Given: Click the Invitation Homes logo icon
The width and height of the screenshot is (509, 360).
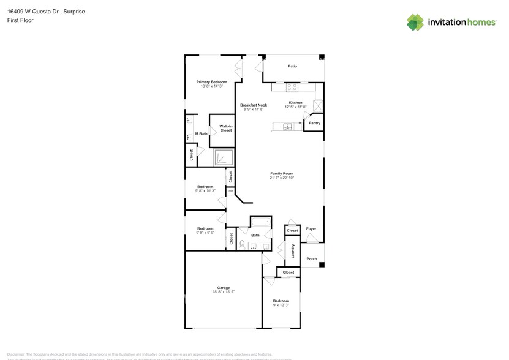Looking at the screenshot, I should [415, 23].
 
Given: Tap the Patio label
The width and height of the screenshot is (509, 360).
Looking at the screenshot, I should [292, 66].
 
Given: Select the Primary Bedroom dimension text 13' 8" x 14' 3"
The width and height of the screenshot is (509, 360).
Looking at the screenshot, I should [211, 86].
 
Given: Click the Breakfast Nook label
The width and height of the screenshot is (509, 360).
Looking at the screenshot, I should [253, 105].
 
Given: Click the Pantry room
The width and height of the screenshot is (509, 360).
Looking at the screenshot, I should [314, 123].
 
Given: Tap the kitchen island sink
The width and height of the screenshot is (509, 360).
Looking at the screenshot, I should [287, 127].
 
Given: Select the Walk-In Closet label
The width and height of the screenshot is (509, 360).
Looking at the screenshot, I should [226, 128].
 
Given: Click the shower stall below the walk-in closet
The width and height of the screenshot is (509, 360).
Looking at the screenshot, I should [223, 158].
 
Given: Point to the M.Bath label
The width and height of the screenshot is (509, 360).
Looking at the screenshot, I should [201, 133].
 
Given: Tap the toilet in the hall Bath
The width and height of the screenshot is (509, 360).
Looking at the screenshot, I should [242, 246].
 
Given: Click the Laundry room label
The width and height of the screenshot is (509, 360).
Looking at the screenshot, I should [293, 251].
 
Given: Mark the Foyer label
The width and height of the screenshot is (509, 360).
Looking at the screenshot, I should [311, 228].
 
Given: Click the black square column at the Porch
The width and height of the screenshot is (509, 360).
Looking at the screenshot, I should [322, 264].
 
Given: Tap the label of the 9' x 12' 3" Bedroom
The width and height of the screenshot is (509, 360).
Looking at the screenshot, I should [281, 301].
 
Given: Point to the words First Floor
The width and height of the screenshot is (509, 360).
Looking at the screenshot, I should [20, 20].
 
